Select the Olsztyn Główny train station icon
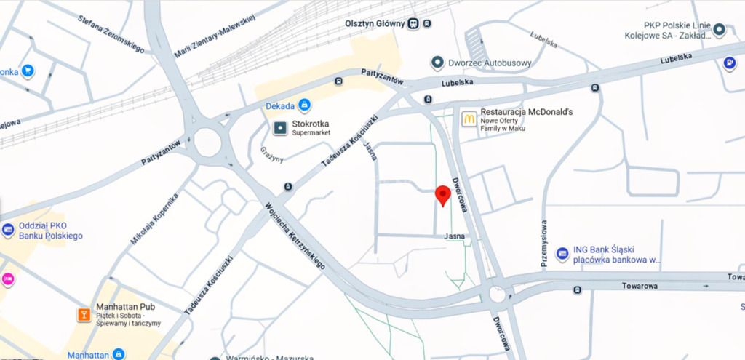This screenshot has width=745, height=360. pos(413,23)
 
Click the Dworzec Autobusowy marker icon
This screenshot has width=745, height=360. pos(437,63)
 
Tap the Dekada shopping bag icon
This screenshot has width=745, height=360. pos(304,106)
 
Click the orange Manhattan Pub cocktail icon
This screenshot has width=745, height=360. pos(84,314)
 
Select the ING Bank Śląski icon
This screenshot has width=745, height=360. pos(562,254)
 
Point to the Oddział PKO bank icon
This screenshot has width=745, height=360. pos(8,231)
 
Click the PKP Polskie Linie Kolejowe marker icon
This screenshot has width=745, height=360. pos(719,30)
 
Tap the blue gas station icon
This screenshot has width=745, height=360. pos(729,63)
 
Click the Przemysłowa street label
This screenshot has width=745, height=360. pos(543,244)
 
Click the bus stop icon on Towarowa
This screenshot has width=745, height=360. pos(577,290)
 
